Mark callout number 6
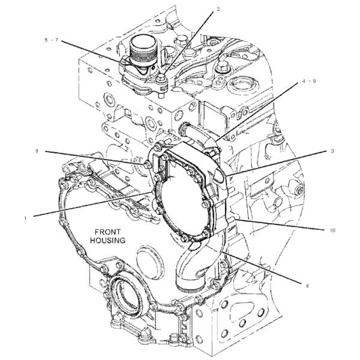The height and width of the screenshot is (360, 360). click(x=307, y=286)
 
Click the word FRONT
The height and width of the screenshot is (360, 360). click(x=106, y=230)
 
